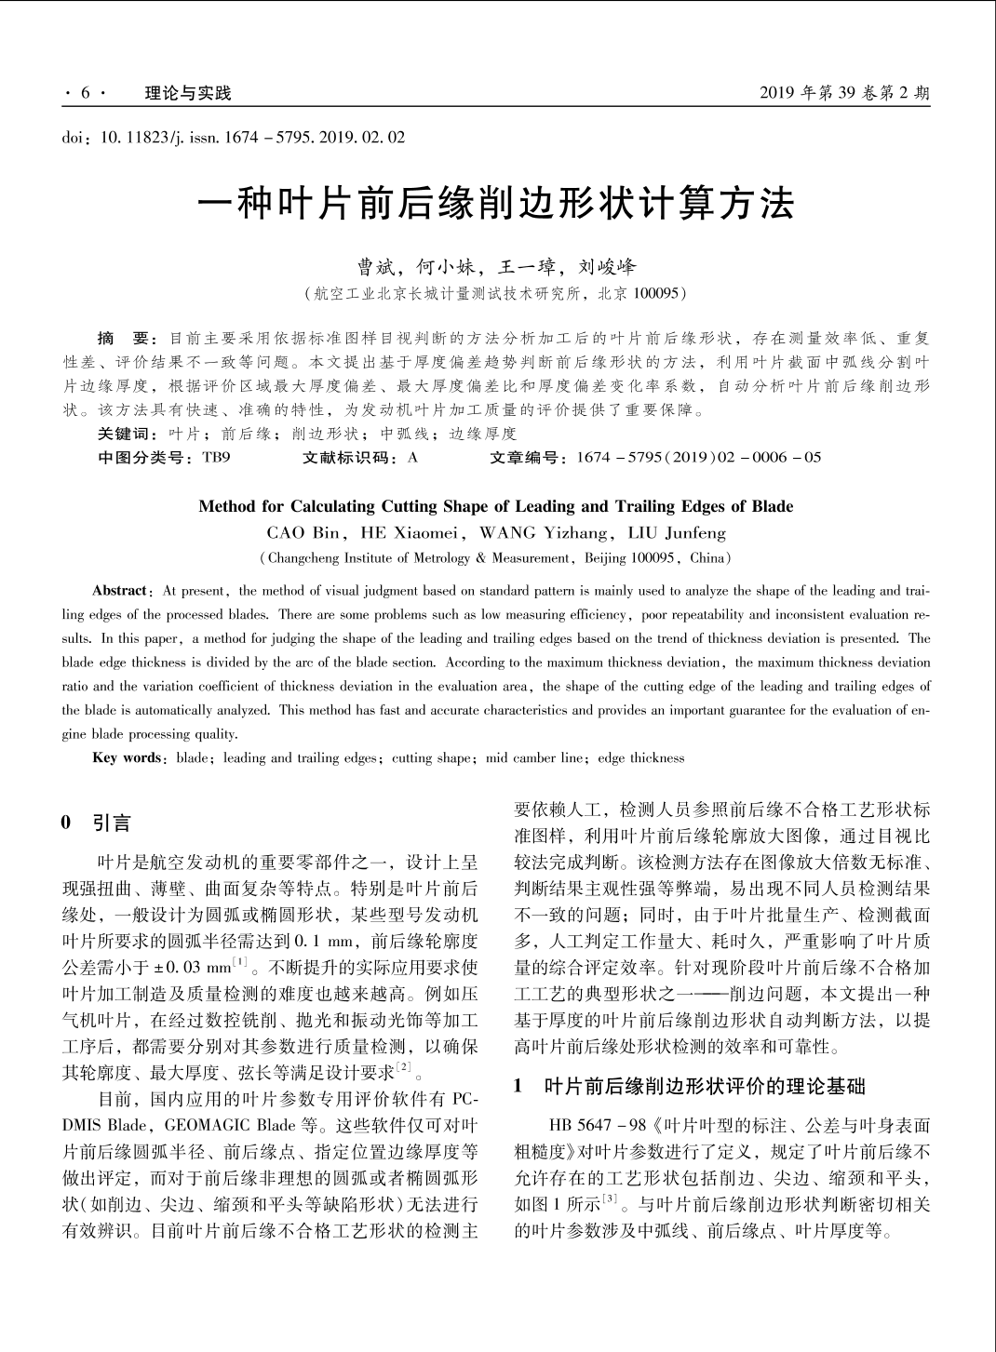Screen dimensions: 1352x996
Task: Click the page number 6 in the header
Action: coord(85,93)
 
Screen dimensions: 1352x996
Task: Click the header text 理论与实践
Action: coord(188,93)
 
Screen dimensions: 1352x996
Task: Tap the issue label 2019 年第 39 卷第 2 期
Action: coord(844,93)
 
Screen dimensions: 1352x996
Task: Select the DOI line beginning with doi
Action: coord(234,138)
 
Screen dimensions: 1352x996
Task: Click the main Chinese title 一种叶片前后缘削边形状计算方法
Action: coord(498,202)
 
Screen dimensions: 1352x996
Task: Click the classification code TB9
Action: coord(216,458)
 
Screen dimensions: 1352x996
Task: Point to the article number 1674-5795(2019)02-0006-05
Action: coord(699,458)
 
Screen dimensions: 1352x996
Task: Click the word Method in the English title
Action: coord(227,506)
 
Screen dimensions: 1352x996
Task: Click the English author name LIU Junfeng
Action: coord(677,533)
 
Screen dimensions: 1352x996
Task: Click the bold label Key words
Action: coord(126,757)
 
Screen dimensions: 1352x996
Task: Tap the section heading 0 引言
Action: coord(97,823)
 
